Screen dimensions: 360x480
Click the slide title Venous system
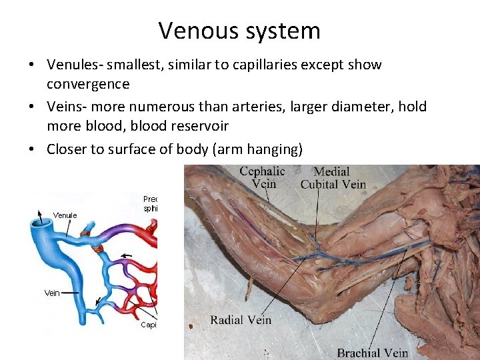coord(239,31)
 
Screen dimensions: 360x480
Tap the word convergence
coord(87,85)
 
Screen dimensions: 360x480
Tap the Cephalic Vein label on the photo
coord(262,177)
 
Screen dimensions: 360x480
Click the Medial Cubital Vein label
coord(333,177)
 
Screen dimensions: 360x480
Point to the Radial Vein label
coord(241,320)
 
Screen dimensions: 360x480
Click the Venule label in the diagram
coord(65,215)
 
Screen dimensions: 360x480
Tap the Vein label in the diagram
coord(52,293)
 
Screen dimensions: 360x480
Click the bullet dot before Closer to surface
coord(31,149)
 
